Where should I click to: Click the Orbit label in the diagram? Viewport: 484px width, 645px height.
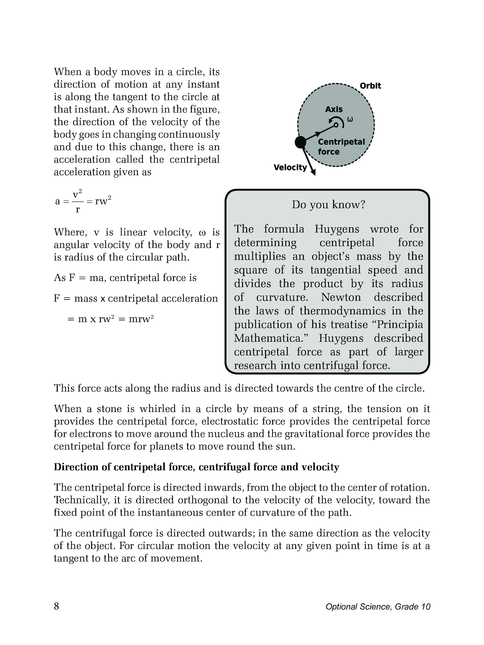tap(370, 86)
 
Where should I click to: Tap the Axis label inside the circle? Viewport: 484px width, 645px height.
tap(334, 109)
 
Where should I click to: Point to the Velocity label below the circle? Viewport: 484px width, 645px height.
tap(290, 168)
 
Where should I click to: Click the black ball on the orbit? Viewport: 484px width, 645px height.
tap(300, 142)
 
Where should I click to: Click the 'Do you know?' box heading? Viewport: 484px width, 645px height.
tap(328, 205)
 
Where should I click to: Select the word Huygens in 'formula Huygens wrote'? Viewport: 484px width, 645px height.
tap(337, 229)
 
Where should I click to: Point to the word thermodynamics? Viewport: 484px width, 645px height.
tap(342, 311)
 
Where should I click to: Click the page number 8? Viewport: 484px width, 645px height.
tap(56, 606)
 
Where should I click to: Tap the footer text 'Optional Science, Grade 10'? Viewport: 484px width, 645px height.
tap(378, 607)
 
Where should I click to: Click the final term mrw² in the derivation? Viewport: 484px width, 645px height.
tap(141, 319)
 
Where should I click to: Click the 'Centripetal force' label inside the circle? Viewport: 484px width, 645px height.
tap(341, 146)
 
